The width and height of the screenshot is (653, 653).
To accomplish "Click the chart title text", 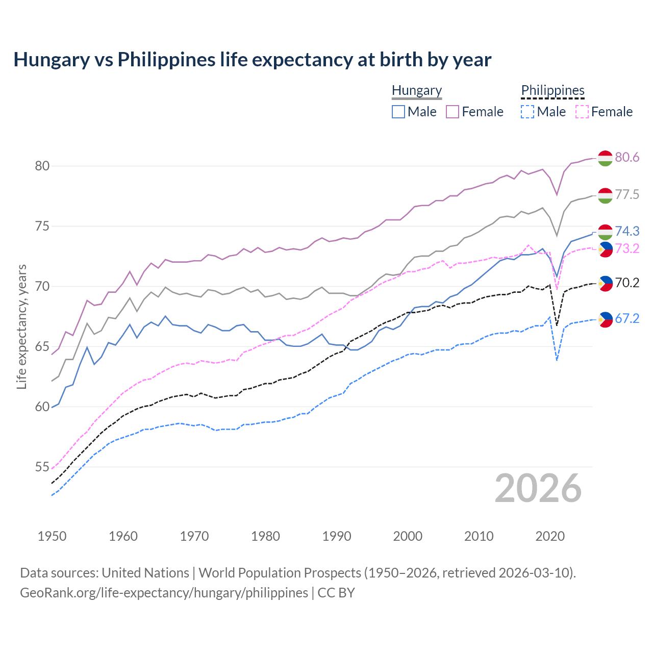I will pyautogui.click(x=252, y=60).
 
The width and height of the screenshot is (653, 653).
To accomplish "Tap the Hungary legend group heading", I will pyautogui.click(x=416, y=90).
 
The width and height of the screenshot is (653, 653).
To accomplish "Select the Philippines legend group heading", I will pyautogui.click(x=552, y=90).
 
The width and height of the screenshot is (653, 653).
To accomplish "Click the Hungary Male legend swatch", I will pyautogui.click(x=398, y=112).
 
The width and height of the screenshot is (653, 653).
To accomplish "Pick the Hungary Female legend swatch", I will pyautogui.click(x=453, y=112).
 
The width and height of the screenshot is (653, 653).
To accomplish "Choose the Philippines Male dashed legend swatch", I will pyautogui.click(x=528, y=112).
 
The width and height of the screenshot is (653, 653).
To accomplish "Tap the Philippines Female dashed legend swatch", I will pyautogui.click(x=582, y=112).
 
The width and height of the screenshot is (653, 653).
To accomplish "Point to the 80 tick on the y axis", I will pyautogui.click(x=42, y=166).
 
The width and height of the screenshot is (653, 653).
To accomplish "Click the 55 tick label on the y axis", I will pyautogui.click(x=42, y=467).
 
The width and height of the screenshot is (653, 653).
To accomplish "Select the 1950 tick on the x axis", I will pyautogui.click(x=52, y=536).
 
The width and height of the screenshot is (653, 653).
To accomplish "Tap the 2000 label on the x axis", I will pyautogui.click(x=408, y=536).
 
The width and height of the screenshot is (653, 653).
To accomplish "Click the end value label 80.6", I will pyautogui.click(x=627, y=158).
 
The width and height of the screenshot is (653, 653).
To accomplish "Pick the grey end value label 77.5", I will pyautogui.click(x=627, y=195).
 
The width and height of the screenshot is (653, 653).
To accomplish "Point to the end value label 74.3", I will pyautogui.click(x=627, y=232).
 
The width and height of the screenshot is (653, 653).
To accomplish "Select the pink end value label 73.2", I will pyautogui.click(x=627, y=249).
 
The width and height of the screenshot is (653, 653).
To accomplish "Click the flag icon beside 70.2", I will pyautogui.click(x=605, y=283).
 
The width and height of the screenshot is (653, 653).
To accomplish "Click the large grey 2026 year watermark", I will pyautogui.click(x=538, y=488).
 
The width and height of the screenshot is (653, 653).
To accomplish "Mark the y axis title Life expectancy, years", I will pyautogui.click(x=22, y=326).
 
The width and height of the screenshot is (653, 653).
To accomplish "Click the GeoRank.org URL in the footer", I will pyautogui.click(x=164, y=593).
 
